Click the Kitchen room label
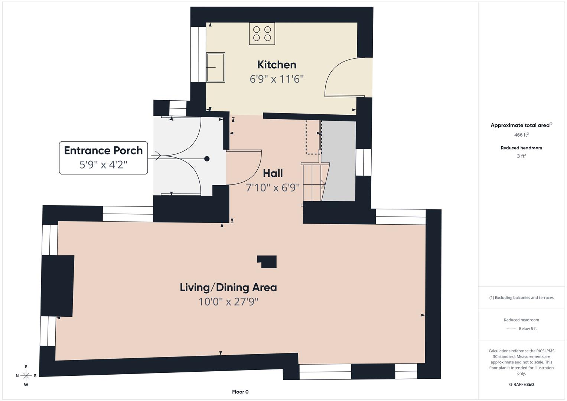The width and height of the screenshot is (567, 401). click(x=277, y=65)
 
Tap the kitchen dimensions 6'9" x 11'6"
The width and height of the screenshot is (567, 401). click(x=277, y=79)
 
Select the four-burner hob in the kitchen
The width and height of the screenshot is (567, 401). click(x=262, y=34)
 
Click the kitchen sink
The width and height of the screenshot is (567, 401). click(x=216, y=67)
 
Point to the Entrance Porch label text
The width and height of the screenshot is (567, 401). click(x=103, y=150)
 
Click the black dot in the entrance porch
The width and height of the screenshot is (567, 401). click(x=207, y=159)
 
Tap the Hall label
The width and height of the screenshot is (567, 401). click(x=273, y=173)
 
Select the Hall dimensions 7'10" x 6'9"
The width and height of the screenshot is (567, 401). click(x=273, y=188)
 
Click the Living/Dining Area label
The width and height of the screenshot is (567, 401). click(x=228, y=288)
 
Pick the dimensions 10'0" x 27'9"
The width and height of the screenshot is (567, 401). click(x=228, y=302)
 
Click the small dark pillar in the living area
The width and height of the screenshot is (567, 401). click(x=267, y=262)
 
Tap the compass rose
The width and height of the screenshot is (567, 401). click(x=26, y=376)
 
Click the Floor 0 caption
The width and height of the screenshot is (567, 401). click(x=240, y=392)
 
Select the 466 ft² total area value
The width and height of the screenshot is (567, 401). click(x=521, y=135)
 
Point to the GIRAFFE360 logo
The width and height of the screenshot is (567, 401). click(x=521, y=384)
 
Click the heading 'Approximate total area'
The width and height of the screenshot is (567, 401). click(x=521, y=125)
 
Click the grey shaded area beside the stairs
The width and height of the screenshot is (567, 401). click(x=339, y=161)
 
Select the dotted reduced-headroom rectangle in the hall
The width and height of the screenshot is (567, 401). click(x=313, y=137)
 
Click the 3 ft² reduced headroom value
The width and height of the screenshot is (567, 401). click(x=521, y=156)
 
